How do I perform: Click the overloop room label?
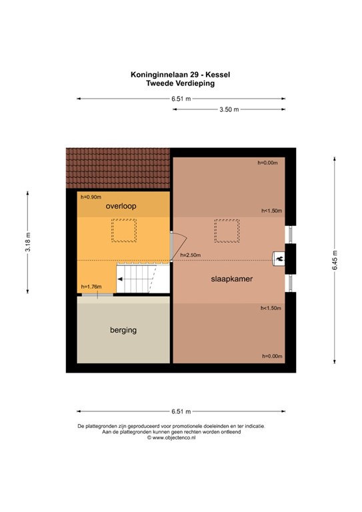click(x=121, y=207)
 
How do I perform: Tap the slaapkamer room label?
click(x=232, y=279)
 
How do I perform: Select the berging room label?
click(x=123, y=330)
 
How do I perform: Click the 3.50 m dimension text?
click(x=229, y=109)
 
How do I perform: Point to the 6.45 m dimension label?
click(x=335, y=260)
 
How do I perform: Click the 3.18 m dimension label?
click(x=28, y=241)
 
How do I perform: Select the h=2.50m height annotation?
click(x=190, y=255)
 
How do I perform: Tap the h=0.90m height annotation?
click(x=91, y=197)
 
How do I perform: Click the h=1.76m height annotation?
click(x=91, y=287)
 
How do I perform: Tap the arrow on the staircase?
click(x=120, y=279)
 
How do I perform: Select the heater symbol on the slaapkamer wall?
click(x=279, y=259)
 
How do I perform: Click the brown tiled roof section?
click(x=118, y=168)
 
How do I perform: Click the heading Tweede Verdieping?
click(x=180, y=83)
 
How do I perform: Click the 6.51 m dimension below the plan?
click(x=181, y=411)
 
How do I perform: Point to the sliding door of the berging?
click(x=97, y=295)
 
